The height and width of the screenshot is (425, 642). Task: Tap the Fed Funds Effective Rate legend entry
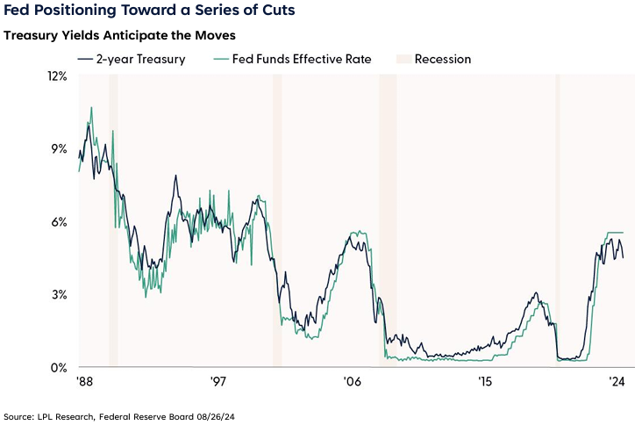pos(290,59)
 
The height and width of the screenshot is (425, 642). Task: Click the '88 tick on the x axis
pos(86,382)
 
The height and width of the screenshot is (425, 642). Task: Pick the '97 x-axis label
pos(219,382)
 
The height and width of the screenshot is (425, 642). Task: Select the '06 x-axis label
pos(352,382)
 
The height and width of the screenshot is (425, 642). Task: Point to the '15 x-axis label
pos(484,382)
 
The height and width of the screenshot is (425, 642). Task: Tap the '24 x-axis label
pos(617,382)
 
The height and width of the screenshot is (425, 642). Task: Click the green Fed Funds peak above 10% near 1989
pos(91,108)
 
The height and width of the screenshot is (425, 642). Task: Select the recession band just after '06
pos(387,220)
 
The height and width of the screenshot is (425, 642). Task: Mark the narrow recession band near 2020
pos(558,220)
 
